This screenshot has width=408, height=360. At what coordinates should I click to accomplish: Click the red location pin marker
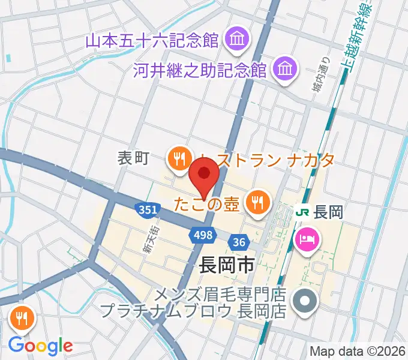click(204, 175)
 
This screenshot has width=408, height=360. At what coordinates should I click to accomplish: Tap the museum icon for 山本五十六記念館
click(234, 40)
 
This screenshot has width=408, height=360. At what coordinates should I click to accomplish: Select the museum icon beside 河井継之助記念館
click(284, 69)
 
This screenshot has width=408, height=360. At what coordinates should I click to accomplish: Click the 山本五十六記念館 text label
click(151, 41)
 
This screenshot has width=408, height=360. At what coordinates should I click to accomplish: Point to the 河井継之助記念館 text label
click(200, 70)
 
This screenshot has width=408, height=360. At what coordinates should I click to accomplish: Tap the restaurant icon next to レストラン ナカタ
click(178, 159)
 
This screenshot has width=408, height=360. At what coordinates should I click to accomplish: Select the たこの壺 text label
click(207, 204)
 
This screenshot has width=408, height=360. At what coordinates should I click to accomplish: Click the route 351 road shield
click(148, 209)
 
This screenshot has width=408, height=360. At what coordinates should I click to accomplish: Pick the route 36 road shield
click(239, 242)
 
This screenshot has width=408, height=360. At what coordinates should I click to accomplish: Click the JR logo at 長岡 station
click(304, 212)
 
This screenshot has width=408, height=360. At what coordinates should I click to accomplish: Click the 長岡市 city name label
click(225, 265)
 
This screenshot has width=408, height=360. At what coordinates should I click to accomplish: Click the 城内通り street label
click(320, 76)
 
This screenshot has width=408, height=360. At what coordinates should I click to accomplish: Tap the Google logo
click(40, 346)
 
